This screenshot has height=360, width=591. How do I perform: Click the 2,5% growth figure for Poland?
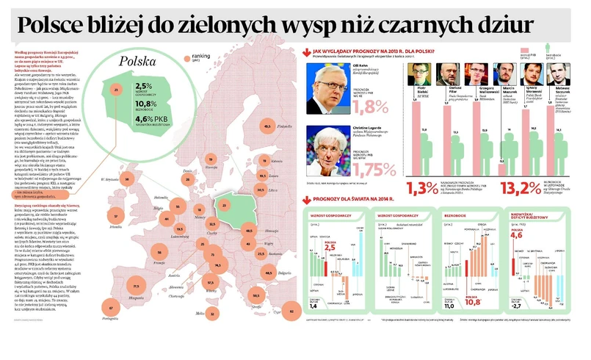pos(144,86)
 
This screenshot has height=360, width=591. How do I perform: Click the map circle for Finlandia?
pos(266,126)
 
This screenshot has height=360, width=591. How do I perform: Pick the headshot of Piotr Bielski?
pos(421,73)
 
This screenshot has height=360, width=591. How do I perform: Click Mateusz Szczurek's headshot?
pos(563,73)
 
